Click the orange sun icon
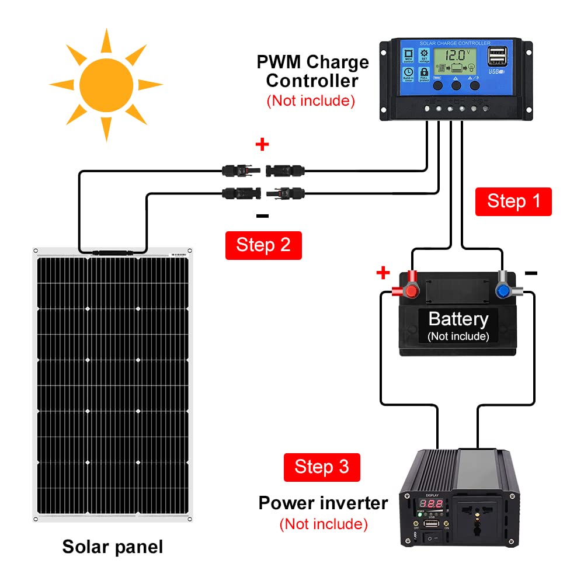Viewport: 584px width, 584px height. (x=106, y=84)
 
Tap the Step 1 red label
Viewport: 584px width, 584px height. (x=513, y=201)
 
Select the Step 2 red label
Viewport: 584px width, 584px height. (x=263, y=245)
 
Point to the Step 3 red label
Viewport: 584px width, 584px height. (x=322, y=467)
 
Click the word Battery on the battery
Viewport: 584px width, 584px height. (x=458, y=319)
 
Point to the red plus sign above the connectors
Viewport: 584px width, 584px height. (x=262, y=144)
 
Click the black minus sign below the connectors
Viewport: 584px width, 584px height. (x=263, y=217)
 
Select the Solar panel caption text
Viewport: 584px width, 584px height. (x=113, y=547)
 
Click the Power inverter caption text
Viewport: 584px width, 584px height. (x=323, y=503)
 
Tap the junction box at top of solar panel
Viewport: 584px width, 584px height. (x=113, y=253)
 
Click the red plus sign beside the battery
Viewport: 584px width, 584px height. (x=383, y=272)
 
